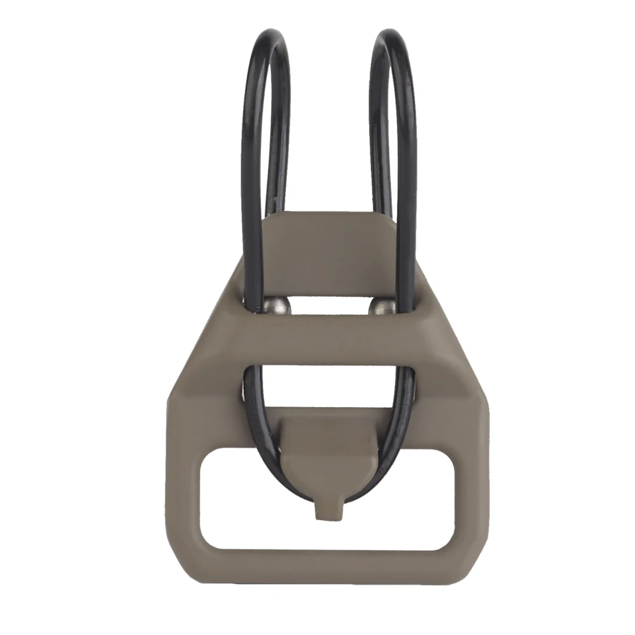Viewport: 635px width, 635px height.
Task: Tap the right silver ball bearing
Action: [382, 307]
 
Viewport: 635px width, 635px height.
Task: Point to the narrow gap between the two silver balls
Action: [331, 307]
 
